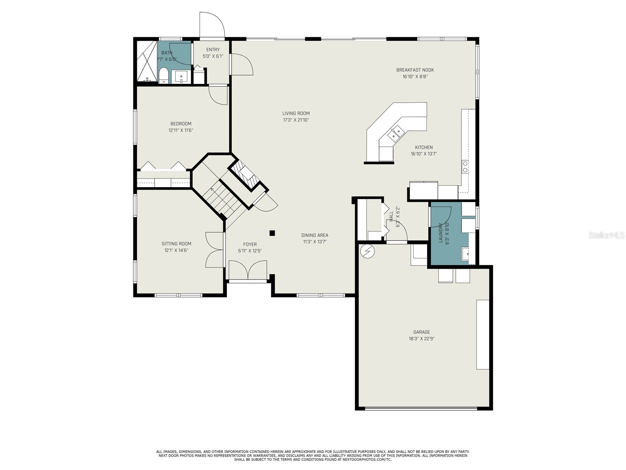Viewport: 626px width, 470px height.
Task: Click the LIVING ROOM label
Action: click(x=296, y=114)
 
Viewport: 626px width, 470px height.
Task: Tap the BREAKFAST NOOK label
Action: click(x=415, y=70)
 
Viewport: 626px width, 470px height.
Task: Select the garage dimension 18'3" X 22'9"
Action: click(x=421, y=339)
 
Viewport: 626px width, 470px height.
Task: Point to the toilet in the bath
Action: click(x=164, y=76)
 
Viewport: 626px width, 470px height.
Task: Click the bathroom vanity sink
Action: click(x=181, y=76)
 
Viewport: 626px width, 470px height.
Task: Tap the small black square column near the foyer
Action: click(x=272, y=233)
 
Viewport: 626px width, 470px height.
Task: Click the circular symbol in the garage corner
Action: click(x=367, y=252)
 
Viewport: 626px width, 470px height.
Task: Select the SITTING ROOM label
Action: click(x=176, y=244)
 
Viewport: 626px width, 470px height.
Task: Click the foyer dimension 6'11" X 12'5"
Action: click(x=250, y=251)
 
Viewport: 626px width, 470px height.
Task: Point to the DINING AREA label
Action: click(x=315, y=235)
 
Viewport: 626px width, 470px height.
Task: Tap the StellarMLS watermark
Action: click(x=606, y=235)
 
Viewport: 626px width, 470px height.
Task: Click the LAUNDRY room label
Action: click(x=441, y=233)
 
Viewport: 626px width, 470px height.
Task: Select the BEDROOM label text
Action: click(x=181, y=124)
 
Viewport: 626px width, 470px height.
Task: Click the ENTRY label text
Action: click(x=213, y=50)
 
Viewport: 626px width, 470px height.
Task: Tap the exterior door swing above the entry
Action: click(x=212, y=25)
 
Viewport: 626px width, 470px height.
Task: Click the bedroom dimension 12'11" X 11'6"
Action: click(x=181, y=130)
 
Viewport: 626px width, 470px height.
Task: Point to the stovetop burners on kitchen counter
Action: click(x=465, y=166)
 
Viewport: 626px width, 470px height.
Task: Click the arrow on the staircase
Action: click(x=212, y=190)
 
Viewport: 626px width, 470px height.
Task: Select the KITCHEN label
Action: click(x=424, y=148)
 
